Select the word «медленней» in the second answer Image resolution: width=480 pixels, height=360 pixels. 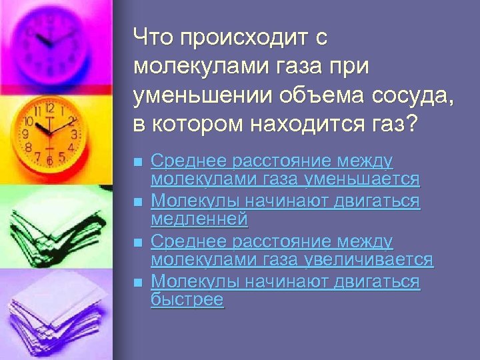(199, 219)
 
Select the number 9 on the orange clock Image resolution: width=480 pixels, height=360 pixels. (25, 134)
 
